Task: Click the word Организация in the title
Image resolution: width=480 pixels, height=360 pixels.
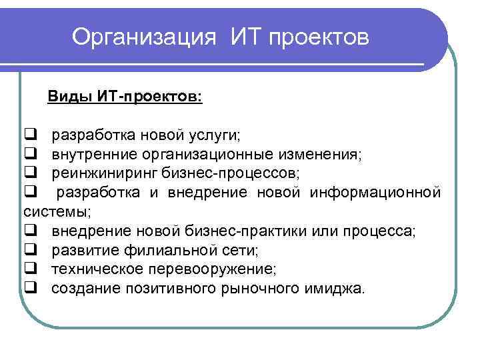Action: click(144, 37)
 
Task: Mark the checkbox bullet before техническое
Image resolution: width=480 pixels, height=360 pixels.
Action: click(30, 269)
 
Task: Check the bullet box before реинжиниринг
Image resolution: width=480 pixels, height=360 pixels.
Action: click(30, 173)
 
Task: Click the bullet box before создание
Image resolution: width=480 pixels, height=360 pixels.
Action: click(30, 289)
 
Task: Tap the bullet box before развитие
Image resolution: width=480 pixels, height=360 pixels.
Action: click(30, 250)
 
